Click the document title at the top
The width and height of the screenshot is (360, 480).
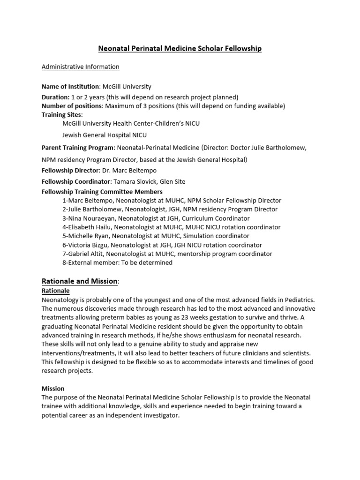[x=180, y=48]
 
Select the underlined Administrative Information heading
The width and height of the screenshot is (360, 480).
[x=80, y=67]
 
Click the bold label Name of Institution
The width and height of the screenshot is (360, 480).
[x=70, y=87]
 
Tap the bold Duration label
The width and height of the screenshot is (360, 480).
[x=55, y=97]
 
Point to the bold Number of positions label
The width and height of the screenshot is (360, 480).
[x=72, y=106]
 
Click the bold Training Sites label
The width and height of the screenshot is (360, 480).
[x=61, y=114]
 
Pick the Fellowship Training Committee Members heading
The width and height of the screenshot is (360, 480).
[x=102, y=191]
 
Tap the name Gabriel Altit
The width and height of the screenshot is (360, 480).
[x=86, y=254]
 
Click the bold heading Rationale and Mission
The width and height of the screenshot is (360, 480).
[x=79, y=281]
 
